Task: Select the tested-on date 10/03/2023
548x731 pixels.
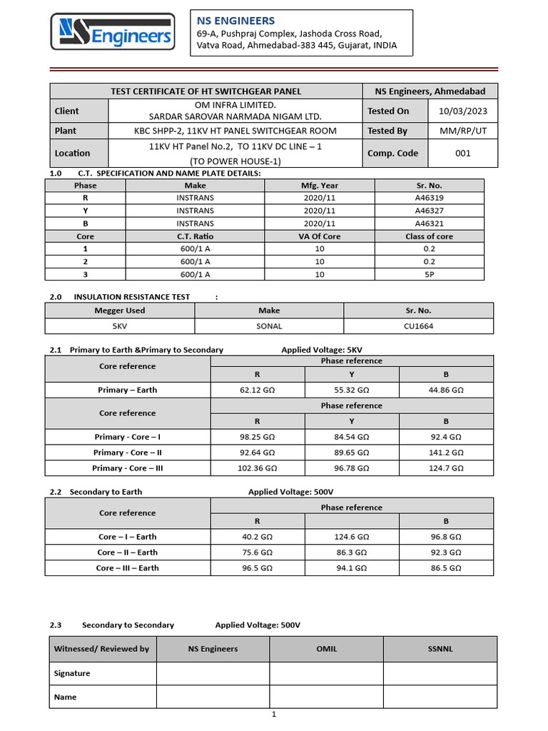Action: pos(462,111)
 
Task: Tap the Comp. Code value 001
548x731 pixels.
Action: pos(462,153)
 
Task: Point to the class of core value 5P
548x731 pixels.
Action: pos(428,274)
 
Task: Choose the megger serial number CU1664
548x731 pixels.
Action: pos(418,326)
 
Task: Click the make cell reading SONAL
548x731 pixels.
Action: pos(269,326)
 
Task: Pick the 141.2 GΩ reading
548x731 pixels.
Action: pos(446,453)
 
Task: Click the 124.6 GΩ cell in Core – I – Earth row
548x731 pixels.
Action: pos(352,537)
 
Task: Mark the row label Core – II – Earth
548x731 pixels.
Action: pos(128,553)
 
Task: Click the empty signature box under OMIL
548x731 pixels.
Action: pos(326,673)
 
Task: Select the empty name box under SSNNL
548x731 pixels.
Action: pos(440,697)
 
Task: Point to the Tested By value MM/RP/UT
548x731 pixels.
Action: pos(462,131)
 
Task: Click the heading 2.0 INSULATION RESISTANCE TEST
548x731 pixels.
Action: pos(132,296)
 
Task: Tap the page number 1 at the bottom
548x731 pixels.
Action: pos(273,714)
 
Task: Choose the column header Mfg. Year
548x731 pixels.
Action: pos(320,186)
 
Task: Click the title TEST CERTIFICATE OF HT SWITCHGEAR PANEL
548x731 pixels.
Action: pos(205,91)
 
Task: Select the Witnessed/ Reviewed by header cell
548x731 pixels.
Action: pos(102,649)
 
